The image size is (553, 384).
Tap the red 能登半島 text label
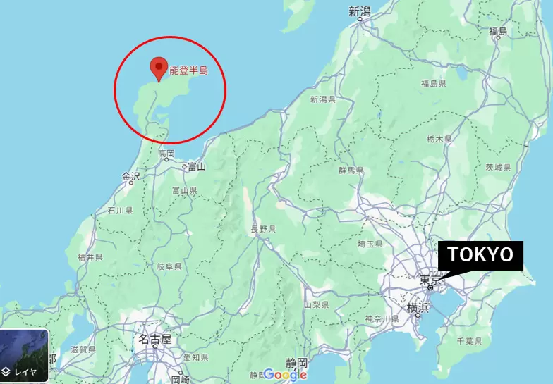188,70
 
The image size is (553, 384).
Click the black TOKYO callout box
482,255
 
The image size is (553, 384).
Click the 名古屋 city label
154,340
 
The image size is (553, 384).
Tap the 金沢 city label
131,175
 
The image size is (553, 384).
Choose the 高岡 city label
166,154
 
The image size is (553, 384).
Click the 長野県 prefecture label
263,230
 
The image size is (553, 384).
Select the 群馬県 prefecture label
350,171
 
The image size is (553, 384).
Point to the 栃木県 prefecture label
438,140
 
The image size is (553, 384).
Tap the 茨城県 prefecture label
498,168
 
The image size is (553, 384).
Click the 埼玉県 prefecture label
370,244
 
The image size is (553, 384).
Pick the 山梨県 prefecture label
317,305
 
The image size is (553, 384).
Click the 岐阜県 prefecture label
169,266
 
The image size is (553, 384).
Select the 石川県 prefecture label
120,210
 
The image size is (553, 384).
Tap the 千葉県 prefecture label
468,341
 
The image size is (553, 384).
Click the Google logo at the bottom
285,375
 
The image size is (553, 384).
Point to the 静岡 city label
297,362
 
